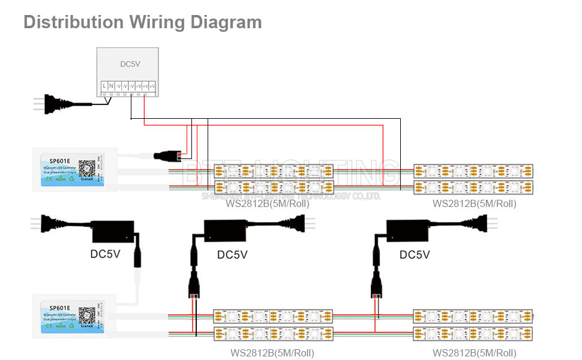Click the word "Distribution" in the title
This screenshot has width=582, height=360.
(73, 22)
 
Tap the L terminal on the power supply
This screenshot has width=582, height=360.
(105, 87)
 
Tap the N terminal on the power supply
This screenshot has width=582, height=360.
(112, 87)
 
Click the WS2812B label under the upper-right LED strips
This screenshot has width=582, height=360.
(474, 204)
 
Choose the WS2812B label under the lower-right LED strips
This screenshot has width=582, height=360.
(474, 353)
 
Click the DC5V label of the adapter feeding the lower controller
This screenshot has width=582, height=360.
(105, 254)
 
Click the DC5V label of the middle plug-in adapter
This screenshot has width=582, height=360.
(232, 255)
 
